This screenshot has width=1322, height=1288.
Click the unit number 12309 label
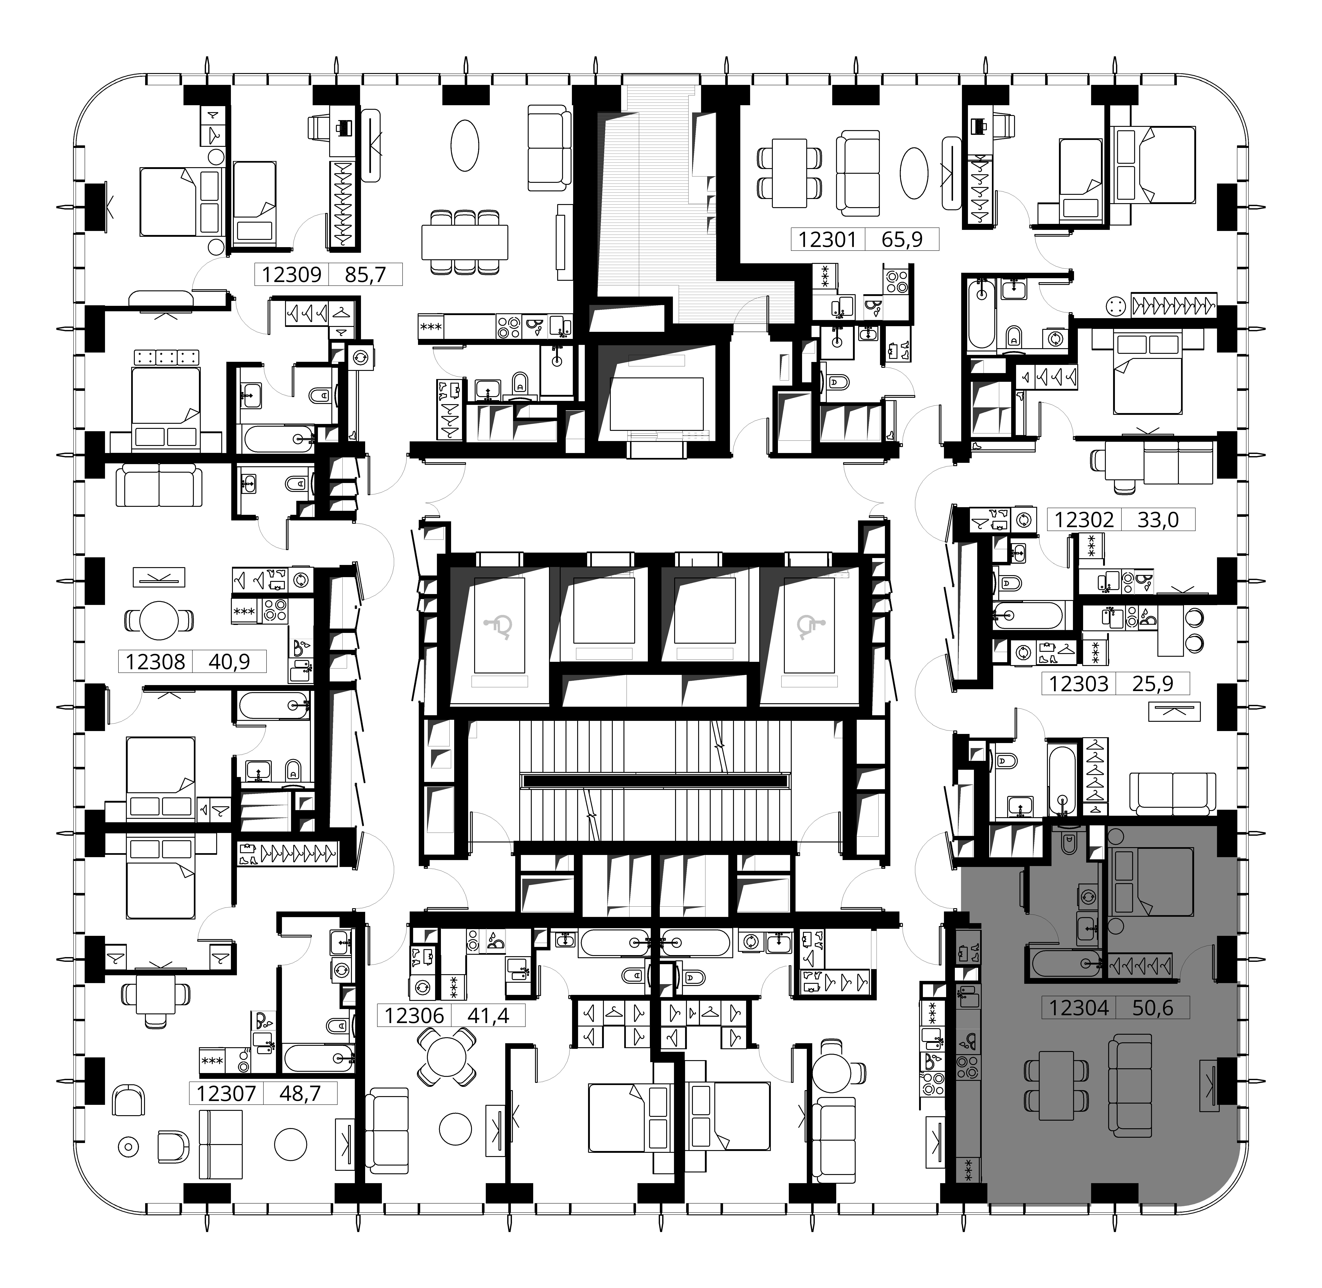291,275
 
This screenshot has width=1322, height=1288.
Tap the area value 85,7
365,275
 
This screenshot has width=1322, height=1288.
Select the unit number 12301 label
828,240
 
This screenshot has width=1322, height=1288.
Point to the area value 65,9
902,240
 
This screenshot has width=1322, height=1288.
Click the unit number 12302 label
1084,520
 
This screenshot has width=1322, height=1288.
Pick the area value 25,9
1153,684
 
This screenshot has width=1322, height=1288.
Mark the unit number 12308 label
156,662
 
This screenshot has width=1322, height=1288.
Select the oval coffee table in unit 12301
914,173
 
